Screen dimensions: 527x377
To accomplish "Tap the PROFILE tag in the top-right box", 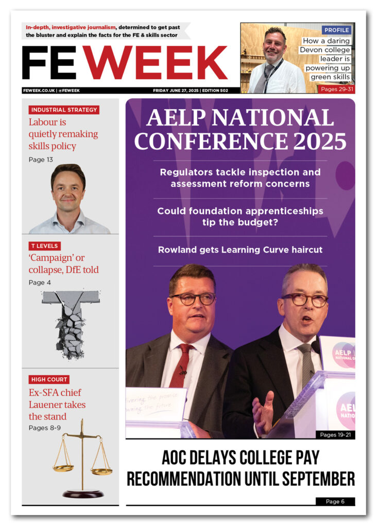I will (x=336, y=30).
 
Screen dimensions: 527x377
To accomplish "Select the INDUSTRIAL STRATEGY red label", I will (x=64, y=110).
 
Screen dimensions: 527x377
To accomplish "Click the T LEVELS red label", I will (x=44, y=246).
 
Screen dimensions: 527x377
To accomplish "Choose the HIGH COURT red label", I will (x=49, y=379).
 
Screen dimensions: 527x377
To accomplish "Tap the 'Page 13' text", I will (x=41, y=160).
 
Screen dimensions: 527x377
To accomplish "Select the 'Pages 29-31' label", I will (x=337, y=89).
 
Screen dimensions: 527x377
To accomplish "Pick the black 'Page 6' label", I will (x=335, y=501).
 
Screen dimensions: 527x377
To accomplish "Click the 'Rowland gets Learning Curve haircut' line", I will (x=240, y=250).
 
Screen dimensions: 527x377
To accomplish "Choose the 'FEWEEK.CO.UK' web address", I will (x=39, y=91).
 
